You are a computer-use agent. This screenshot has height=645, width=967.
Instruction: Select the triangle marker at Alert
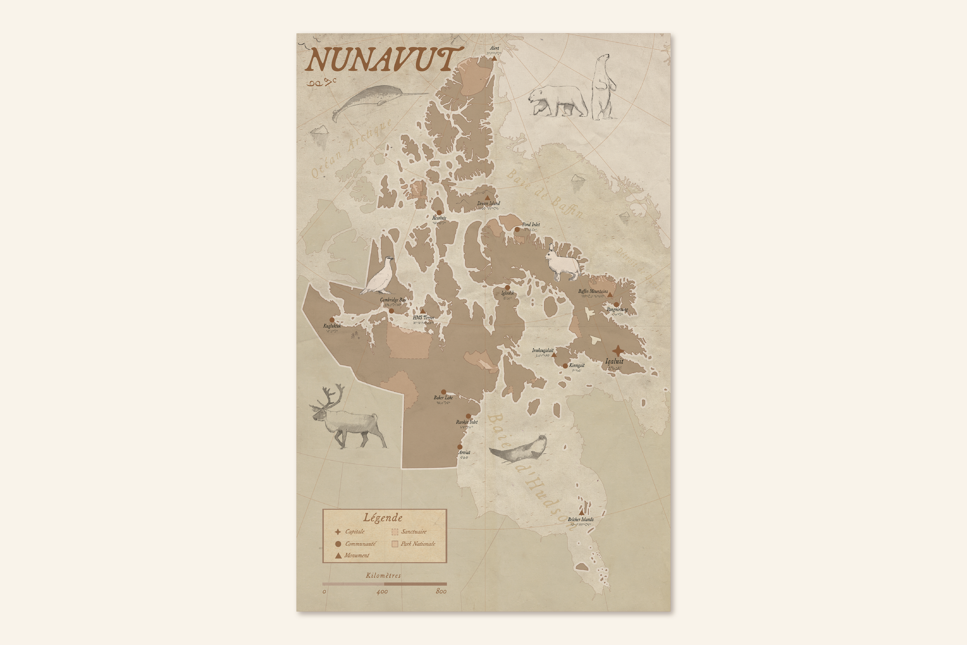494,58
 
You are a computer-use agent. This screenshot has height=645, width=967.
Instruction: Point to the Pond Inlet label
531,225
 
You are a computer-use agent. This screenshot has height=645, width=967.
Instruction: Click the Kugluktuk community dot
332,320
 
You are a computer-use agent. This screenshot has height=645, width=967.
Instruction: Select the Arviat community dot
460,447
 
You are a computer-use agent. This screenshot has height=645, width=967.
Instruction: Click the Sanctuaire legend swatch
395,532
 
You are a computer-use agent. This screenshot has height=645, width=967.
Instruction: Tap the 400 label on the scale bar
382,592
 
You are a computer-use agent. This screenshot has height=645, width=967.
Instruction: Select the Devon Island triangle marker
487,198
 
